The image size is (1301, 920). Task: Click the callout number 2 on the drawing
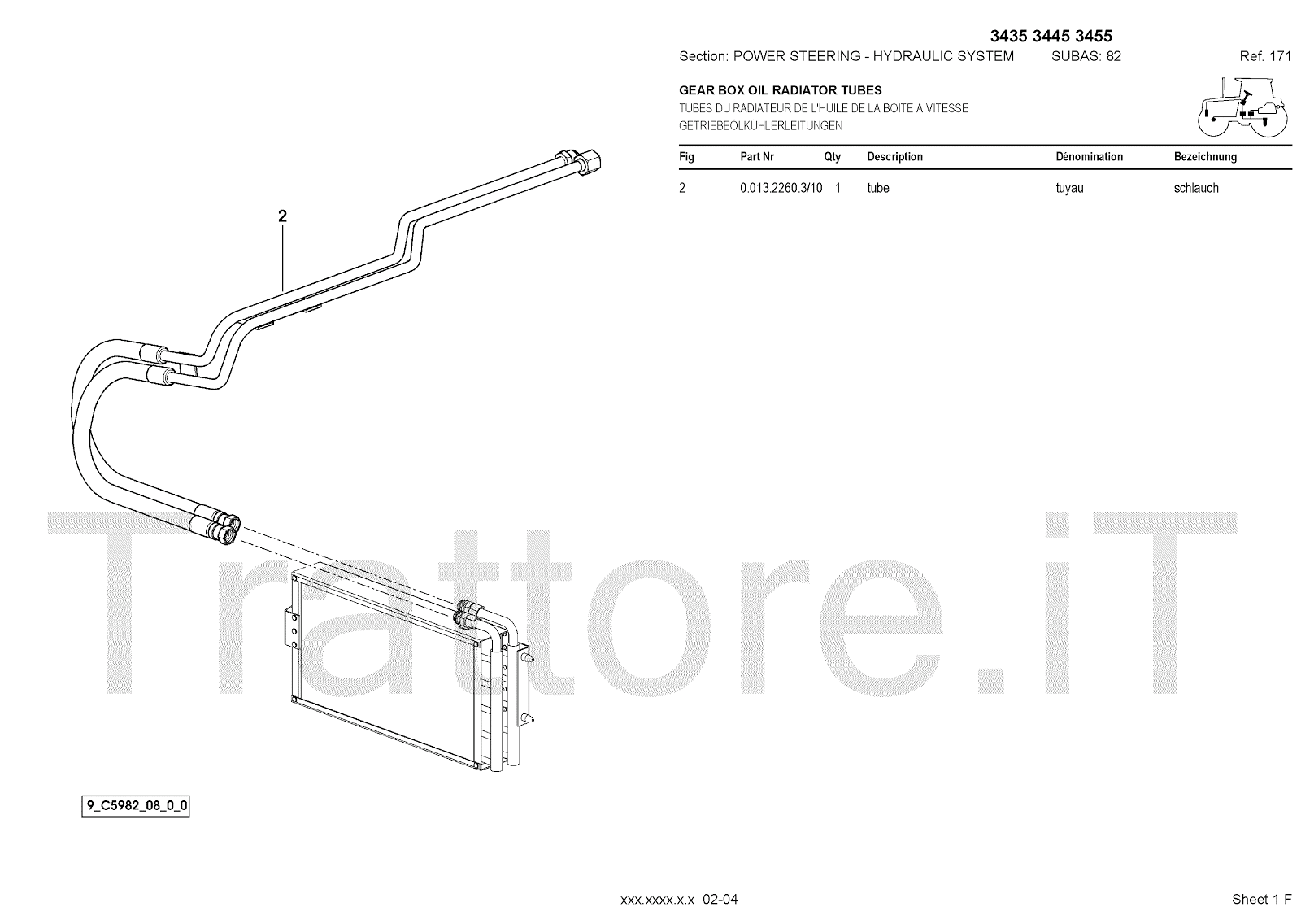coord(282,216)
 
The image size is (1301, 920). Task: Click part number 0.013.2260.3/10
coord(781,188)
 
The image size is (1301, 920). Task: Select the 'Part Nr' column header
coord(757,157)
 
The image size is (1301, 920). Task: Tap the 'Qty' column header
coord(832,157)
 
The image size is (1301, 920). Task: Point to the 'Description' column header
coord(894,157)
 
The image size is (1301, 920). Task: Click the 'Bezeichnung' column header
coord(1205,157)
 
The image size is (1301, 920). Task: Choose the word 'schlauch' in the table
coord(1196,188)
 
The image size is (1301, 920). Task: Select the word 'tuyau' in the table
coord(1069,188)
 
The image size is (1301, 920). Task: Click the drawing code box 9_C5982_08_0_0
coord(137,807)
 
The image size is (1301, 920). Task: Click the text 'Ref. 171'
coord(1265,56)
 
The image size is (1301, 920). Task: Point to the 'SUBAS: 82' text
coord(1086,56)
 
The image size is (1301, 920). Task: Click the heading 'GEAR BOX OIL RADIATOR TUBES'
coord(781,90)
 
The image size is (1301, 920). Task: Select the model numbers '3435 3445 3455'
coord(1051,36)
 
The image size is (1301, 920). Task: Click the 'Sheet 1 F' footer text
coord(1261,899)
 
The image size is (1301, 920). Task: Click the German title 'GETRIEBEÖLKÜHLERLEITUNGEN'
coord(761,126)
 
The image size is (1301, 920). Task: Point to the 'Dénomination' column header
coord(1089,157)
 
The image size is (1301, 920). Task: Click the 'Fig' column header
coord(686,157)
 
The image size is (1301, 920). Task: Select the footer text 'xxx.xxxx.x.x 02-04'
coord(679,899)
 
